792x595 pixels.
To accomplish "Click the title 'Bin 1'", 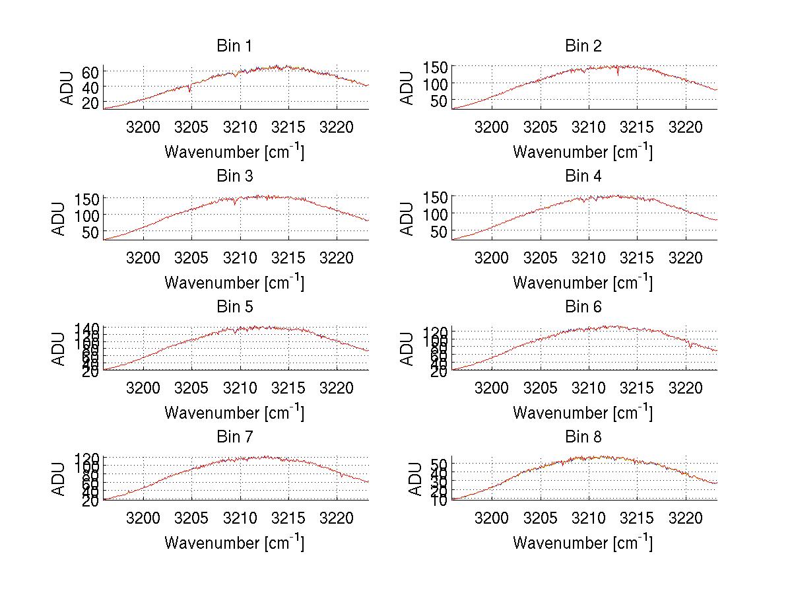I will [234, 46].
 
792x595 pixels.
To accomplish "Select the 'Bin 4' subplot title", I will [583, 176].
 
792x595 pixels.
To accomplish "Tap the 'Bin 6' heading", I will [583, 306].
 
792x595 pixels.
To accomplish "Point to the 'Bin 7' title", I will [234, 437].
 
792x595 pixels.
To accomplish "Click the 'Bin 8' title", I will [583, 437].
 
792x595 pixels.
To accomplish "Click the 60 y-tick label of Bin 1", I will [90, 72].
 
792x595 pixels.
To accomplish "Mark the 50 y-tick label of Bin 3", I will [90, 232].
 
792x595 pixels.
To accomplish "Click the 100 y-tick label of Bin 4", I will [436, 214].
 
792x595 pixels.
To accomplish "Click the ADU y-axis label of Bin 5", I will [61, 349].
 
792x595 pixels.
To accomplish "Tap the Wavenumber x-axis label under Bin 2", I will [583, 152].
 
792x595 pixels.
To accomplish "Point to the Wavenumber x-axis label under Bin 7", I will [234, 542].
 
